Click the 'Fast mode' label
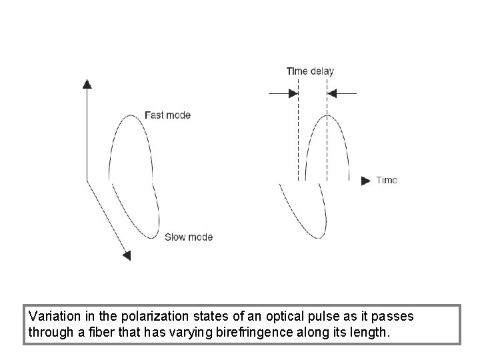(x=167, y=115)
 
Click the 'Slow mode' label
(x=188, y=237)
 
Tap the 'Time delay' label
(x=310, y=71)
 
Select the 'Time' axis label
(x=387, y=180)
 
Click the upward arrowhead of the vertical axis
(x=87, y=83)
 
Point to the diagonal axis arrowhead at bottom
(x=127, y=255)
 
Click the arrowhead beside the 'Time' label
(x=365, y=180)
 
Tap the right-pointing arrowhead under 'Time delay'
(x=293, y=94)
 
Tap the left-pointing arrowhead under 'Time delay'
(x=333, y=94)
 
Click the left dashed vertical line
(x=298, y=133)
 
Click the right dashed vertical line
(x=327, y=133)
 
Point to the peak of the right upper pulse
(x=327, y=116)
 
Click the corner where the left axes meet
(x=87, y=179)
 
